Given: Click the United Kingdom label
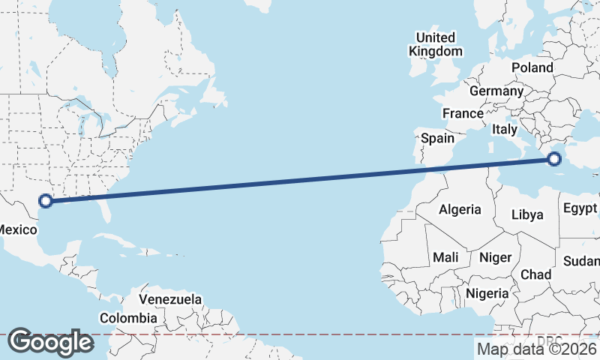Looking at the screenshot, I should tap(435, 44).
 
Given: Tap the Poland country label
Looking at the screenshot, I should tap(532, 67).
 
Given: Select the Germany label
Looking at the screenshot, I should tap(496, 91).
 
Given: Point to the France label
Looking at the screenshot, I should tap(462, 113).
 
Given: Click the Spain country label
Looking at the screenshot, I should tap(437, 138).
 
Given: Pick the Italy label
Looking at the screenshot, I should tap(504, 129).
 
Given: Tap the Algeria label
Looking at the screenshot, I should tap(460, 209).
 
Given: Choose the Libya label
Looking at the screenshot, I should tap(526, 214).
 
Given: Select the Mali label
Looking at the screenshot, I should tap(445, 257).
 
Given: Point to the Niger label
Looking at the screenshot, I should tap(495, 257).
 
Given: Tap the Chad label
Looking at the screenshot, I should tap(535, 274).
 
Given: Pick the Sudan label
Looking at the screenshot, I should tap(583, 261).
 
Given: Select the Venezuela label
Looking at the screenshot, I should tap(170, 299).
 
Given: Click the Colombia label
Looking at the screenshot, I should tap(128, 318).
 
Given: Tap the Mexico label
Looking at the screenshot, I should tap(16, 230).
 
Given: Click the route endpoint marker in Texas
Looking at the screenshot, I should tap(46, 201).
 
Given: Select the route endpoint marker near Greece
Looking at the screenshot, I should tap(554, 159).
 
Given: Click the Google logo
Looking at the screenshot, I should tap(50, 343).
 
